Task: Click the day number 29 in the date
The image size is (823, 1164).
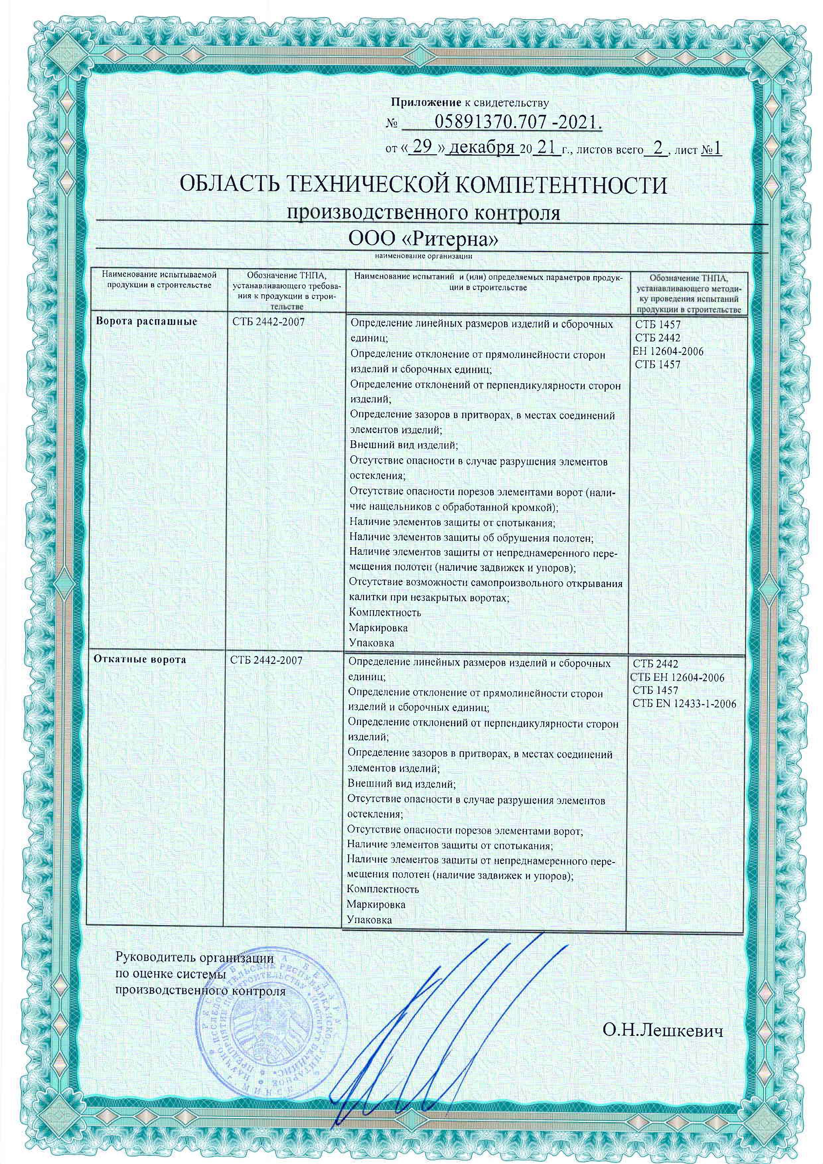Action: (x=423, y=148)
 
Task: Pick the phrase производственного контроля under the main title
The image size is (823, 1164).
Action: (x=423, y=213)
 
